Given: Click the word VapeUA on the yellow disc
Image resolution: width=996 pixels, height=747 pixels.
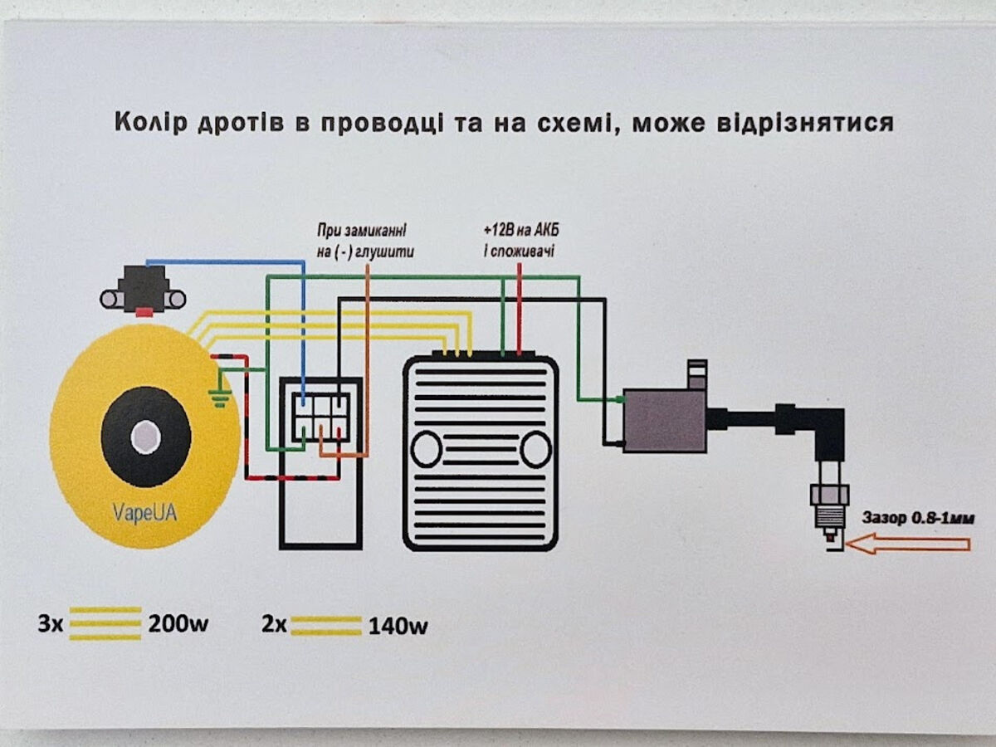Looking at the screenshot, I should pos(144,513).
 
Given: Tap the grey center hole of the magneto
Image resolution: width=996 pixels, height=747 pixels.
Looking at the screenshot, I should pos(145,437).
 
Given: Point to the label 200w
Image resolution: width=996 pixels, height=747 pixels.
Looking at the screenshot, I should pos(178,624).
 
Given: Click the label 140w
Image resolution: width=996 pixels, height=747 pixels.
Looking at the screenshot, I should pos(398,626).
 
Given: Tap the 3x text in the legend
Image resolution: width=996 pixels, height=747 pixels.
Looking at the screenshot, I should pos(50,624).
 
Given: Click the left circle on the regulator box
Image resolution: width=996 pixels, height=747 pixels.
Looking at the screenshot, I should pos(427,449).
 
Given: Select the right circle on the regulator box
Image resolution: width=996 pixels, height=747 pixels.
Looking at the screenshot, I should pos(536,449).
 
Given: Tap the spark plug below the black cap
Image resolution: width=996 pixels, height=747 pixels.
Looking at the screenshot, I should pos(829,506).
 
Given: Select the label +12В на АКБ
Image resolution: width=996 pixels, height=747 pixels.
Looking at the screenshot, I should pos(521,230).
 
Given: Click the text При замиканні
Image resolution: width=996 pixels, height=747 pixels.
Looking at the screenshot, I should pos(366,229).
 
